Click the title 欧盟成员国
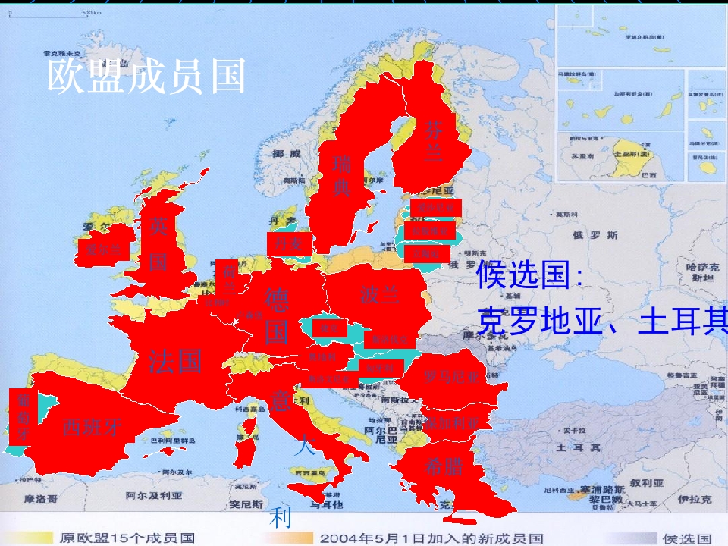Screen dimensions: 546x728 click(x=146, y=77)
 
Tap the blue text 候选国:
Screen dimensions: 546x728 click(x=530, y=275)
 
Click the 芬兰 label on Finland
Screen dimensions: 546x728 click(x=432, y=141)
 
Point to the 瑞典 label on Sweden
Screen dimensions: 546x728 click(x=342, y=175)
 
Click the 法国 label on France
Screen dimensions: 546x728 click(x=175, y=360)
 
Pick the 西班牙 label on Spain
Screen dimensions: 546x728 click(x=92, y=425)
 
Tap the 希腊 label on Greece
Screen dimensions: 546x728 click(x=444, y=466)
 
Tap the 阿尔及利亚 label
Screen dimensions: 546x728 click(x=154, y=495)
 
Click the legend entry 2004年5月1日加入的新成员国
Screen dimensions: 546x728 click(x=431, y=538)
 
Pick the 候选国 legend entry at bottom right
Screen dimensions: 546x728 click(x=687, y=538)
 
